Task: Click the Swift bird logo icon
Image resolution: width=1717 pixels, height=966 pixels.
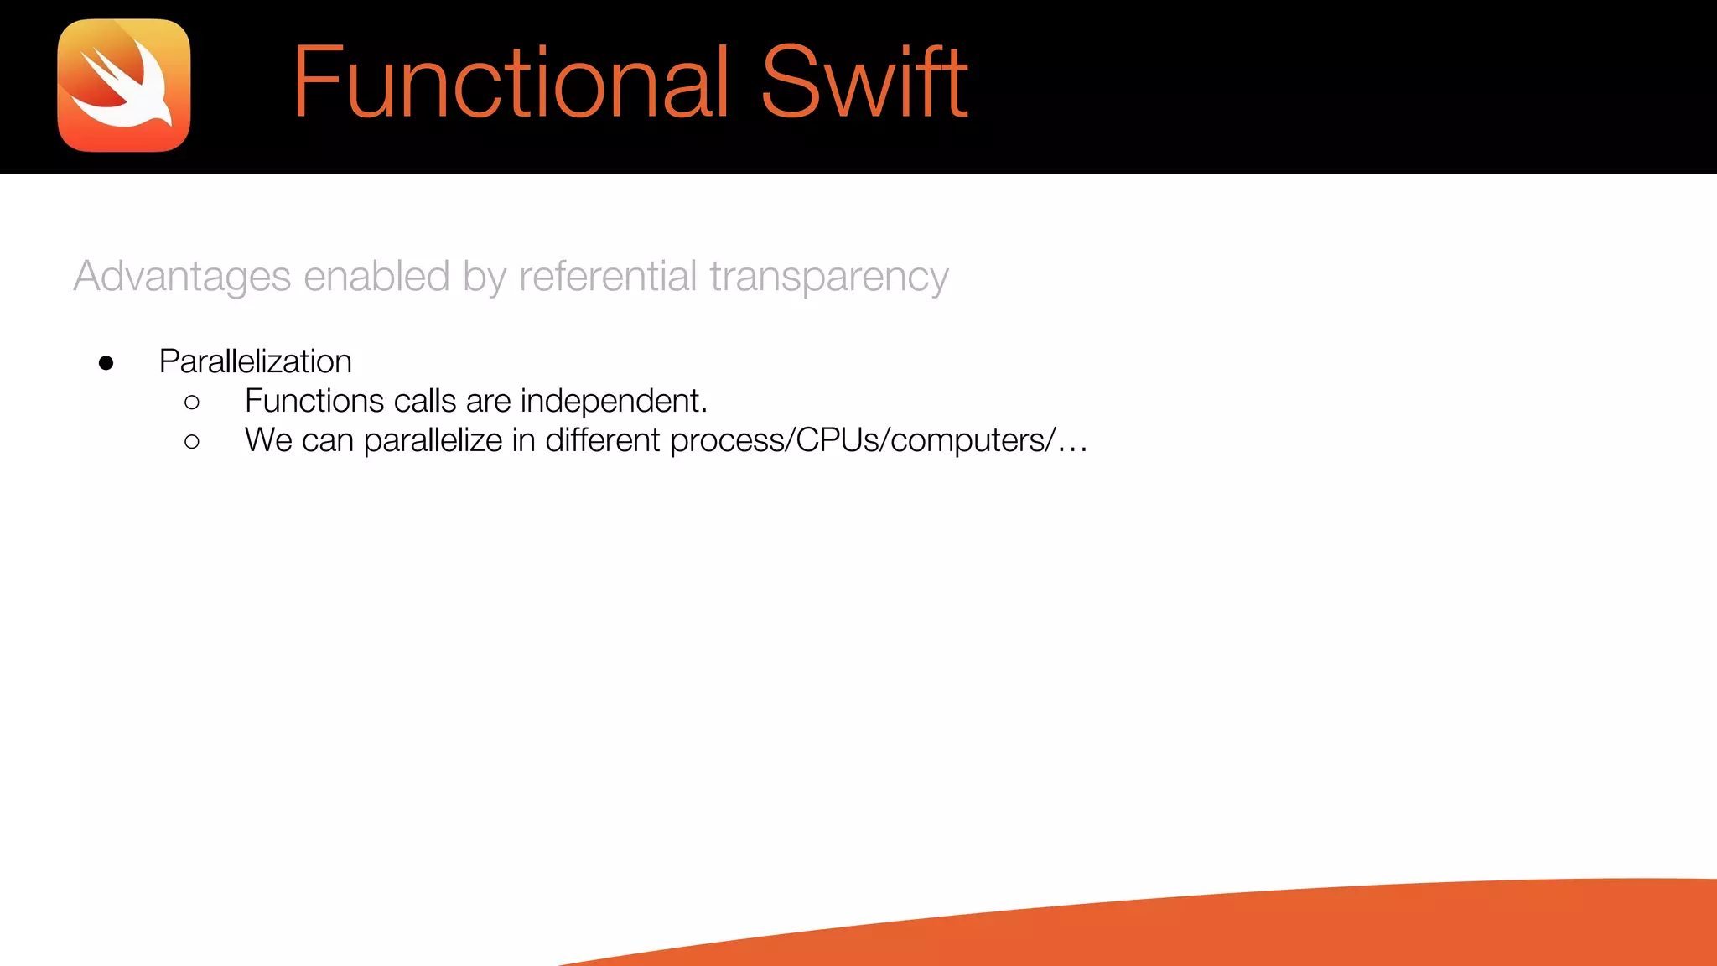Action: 124,86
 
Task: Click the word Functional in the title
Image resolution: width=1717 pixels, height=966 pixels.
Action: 510,82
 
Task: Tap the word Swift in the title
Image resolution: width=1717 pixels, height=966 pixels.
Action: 864,82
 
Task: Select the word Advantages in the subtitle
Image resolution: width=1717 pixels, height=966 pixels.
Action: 182,277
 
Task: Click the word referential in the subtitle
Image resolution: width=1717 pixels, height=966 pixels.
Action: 608,277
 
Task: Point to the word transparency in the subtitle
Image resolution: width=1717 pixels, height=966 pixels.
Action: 828,277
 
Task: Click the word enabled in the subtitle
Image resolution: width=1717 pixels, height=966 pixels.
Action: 376,277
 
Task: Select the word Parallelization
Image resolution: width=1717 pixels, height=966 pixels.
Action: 255,362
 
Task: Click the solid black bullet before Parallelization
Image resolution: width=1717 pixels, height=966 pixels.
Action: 106,363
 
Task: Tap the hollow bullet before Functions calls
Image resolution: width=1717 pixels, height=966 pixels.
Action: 192,402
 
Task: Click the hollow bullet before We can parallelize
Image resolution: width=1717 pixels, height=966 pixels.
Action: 192,442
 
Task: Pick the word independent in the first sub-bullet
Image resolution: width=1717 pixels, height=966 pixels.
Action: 613,402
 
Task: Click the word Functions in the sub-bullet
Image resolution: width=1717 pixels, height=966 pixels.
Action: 314,402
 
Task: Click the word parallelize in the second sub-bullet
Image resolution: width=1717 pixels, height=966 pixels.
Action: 433,441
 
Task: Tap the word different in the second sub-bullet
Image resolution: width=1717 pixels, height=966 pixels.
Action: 602,441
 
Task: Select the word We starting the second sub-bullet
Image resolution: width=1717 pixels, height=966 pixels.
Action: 268,441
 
